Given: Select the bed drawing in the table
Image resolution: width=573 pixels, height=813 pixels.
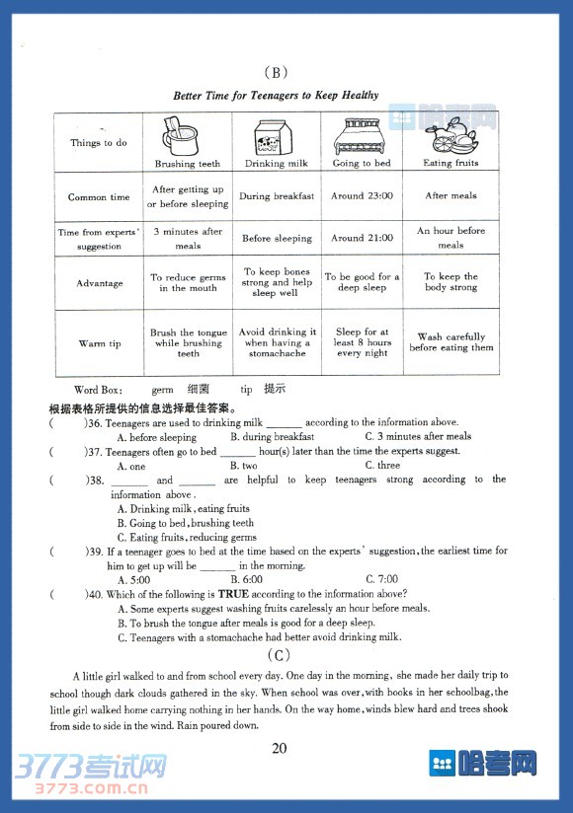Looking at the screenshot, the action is pos(361,136).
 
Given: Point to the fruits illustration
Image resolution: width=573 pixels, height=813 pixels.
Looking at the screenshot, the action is pos(450,136).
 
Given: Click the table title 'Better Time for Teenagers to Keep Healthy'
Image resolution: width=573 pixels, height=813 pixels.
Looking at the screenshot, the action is pos(276,96).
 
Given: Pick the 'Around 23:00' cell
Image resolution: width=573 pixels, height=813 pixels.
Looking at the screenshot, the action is pos(362,195).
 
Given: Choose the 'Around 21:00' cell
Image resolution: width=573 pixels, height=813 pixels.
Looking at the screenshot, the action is pos(362,238).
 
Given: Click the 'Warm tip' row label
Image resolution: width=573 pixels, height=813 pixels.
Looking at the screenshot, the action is pos(99,343).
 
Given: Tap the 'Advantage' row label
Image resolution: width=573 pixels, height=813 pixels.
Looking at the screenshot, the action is pos(99,283).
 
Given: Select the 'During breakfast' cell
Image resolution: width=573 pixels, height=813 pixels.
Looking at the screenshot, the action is pos(277,196).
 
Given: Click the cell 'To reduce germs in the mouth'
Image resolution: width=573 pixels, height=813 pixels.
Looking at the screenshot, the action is pos(188,283).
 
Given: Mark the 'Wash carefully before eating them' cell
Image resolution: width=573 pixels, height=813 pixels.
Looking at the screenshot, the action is pos(450,342).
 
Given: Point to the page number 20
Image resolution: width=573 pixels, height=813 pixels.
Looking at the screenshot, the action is pos(280,747).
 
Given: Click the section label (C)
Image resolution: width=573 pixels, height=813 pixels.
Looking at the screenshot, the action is pos(278,655).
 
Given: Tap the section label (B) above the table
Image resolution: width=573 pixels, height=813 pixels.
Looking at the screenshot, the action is pos(276,71).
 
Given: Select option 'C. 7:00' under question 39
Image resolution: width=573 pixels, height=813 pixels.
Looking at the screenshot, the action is pos(381,579).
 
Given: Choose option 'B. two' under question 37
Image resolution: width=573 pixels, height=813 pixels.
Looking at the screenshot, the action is pos(243,466).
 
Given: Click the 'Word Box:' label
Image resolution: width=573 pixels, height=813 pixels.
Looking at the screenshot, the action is pos(99,391).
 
